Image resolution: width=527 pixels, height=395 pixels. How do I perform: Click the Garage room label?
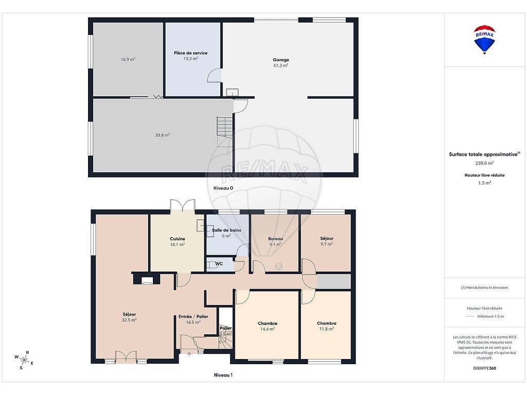tap(281, 60)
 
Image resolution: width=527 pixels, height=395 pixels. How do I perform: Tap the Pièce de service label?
tap(190, 53)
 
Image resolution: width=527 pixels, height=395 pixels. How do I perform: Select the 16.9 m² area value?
tap(128, 60)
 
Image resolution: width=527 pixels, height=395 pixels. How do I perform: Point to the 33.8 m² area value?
tap(163, 135)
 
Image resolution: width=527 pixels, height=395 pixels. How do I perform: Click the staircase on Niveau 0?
tap(224, 131)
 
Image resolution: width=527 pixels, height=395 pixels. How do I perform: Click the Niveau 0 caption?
tap(223, 188)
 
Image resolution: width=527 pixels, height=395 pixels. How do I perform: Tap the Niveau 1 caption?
tap(223, 375)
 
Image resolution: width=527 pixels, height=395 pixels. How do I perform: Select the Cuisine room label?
tap(178, 239)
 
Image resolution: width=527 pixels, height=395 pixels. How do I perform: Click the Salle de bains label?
tap(226, 230)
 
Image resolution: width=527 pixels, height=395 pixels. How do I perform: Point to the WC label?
tap(219, 264)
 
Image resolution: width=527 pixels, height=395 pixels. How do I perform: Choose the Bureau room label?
tap(276, 239)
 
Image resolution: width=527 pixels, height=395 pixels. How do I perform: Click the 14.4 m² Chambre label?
tap(268, 324)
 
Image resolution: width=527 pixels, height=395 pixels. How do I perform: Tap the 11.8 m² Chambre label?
tap(326, 323)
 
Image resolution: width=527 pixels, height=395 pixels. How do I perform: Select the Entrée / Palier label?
tap(194, 316)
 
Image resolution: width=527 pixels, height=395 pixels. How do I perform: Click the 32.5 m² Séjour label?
tap(129, 314)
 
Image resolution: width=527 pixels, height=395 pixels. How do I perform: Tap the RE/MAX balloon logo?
tap(484, 39)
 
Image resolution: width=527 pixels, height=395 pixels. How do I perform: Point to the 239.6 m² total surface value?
tap(484, 163)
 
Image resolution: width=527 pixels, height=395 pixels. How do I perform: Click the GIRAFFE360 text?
tap(484, 368)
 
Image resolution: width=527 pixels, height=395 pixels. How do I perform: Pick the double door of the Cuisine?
tap(183, 206)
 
